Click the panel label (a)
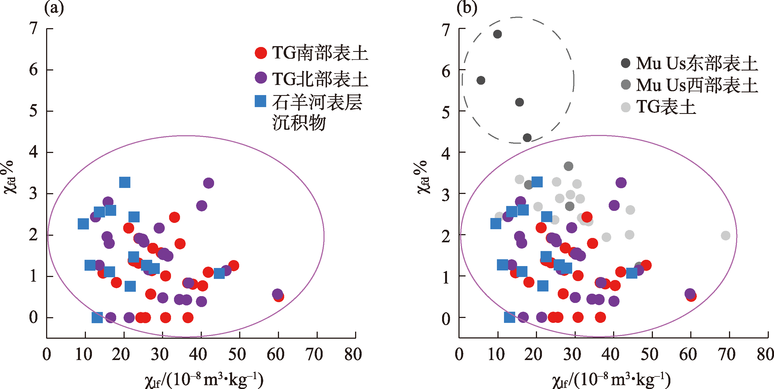(54, 8)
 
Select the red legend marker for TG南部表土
(261, 53)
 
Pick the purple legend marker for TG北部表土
(261, 78)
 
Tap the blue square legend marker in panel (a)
(260, 101)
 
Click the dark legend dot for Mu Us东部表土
(626, 63)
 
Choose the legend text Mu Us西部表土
(697, 85)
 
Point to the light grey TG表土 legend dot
(626, 107)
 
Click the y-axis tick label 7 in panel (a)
(33, 29)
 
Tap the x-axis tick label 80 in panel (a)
(353, 354)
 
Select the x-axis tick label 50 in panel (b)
(649, 354)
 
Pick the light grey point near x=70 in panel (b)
(726, 235)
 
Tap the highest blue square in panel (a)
(125, 182)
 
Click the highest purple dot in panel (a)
(208, 183)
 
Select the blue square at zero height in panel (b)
(509, 317)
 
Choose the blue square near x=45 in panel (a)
(219, 273)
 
